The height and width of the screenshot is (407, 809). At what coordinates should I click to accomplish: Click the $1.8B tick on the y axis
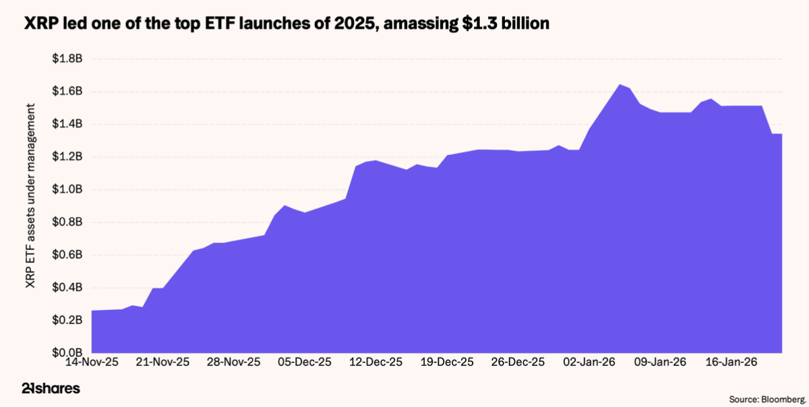67,59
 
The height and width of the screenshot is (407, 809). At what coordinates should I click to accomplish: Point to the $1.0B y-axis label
67,189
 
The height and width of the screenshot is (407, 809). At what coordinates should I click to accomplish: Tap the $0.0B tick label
67,352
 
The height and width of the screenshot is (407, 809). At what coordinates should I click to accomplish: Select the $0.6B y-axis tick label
67,255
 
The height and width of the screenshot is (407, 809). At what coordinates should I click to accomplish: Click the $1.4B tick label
67,124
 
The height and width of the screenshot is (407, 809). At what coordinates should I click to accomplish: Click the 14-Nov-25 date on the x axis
91,362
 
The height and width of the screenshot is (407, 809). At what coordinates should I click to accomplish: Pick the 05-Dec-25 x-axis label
305,362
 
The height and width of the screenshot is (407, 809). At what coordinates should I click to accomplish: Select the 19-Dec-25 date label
448,362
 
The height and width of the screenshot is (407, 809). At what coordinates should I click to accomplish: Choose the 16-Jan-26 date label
733,362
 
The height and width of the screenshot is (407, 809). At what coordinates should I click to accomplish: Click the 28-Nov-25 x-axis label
234,362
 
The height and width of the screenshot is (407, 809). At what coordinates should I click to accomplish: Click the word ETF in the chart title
229,24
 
